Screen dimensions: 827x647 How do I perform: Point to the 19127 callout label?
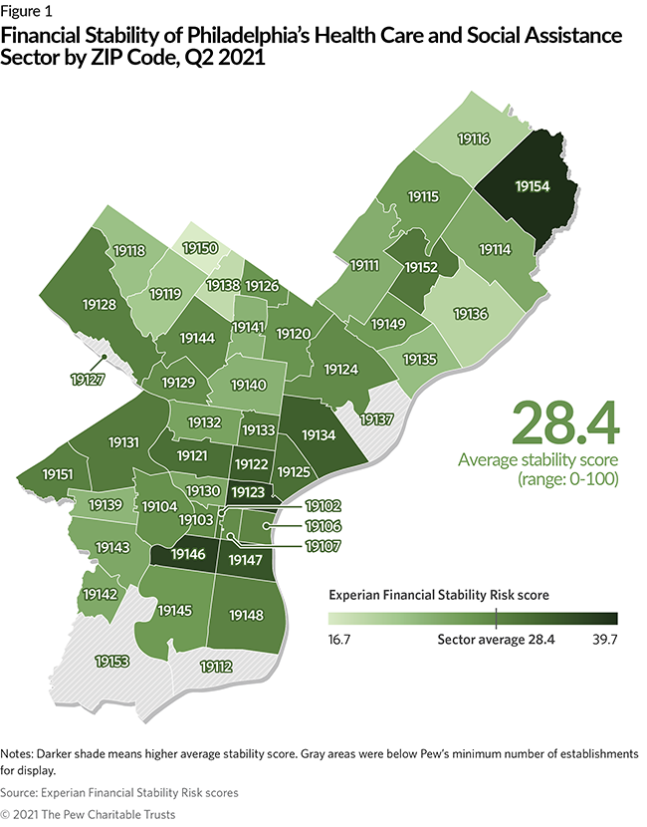pos(90,379)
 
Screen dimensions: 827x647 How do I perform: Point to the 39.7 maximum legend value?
pos(603,640)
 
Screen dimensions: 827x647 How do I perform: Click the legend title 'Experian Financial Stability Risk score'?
pos(439,594)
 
